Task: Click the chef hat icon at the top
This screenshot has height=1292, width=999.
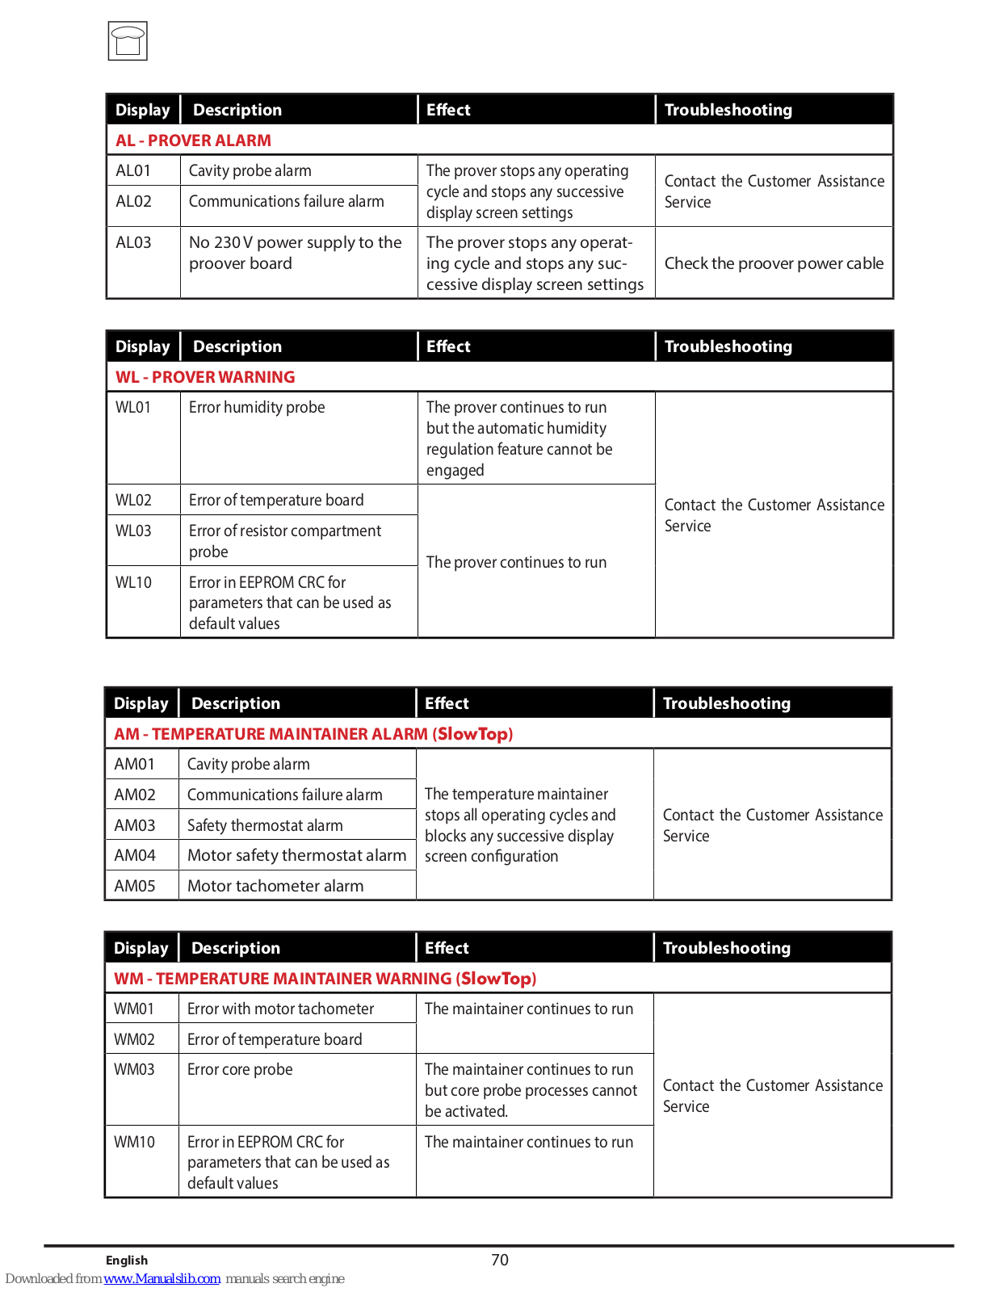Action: coord(128,41)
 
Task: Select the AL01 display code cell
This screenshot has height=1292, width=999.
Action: coord(133,170)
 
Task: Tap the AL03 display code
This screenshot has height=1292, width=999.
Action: coord(133,242)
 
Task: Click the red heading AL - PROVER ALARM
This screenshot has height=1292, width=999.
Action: coord(193,141)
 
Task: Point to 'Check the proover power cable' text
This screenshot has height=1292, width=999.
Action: coord(774,263)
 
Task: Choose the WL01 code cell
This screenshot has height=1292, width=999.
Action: coord(133,407)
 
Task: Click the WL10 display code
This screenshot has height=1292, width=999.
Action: coord(133,582)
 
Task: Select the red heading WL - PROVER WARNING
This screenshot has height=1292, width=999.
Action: coord(205,377)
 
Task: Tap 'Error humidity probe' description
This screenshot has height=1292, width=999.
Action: coord(257,407)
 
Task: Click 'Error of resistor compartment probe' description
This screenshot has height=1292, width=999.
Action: coord(284,541)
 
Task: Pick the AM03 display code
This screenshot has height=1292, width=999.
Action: coord(134,825)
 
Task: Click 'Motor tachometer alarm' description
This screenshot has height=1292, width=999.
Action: coord(275,886)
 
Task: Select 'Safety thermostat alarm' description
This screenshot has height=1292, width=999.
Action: coord(265,825)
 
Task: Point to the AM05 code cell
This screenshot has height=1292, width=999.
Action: coord(134,886)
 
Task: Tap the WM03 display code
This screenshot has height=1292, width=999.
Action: coord(134,1069)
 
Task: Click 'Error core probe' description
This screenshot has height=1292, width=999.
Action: coord(240,1069)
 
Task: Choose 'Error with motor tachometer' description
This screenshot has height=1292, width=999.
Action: coord(280,1009)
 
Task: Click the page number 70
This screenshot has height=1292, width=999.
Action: coord(500,1260)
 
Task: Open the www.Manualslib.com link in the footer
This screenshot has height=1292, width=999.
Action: coord(162,1278)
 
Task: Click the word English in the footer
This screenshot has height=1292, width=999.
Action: coord(127,1261)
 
